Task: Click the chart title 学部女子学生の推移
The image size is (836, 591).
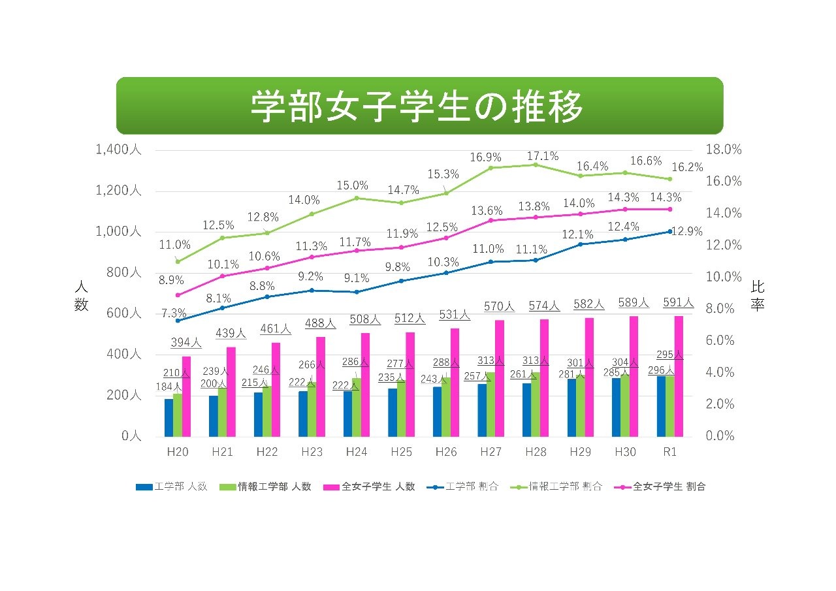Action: pyautogui.click(x=418, y=106)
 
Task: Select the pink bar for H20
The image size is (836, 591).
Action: pyautogui.click(x=186, y=396)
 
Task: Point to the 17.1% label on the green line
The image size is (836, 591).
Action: pyautogui.click(x=542, y=156)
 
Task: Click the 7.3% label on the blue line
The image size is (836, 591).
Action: pyautogui.click(x=174, y=313)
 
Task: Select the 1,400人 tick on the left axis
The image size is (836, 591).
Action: pyautogui.click(x=118, y=150)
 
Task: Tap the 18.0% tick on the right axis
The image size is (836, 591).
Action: pyautogui.click(x=724, y=150)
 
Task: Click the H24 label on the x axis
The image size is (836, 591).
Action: pyautogui.click(x=357, y=452)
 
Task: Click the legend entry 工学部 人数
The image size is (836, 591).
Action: pyautogui.click(x=171, y=487)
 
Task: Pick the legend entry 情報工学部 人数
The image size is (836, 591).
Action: pyautogui.click(x=265, y=487)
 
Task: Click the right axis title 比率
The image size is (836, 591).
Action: pyautogui.click(x=757, y=296)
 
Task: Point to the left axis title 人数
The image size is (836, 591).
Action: pyautogui.click(x=81, y=296)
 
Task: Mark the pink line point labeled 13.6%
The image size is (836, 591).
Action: pyautogui.click(x=491, y=220)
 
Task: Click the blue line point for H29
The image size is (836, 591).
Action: pyautogui.click(x=580, y=244)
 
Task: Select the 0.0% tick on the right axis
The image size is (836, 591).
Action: pyautogui.click(x=724, y=436)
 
